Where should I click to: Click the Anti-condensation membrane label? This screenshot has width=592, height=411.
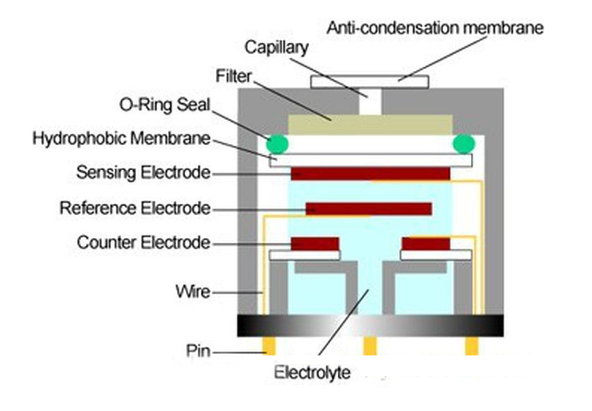[x=435, y=28]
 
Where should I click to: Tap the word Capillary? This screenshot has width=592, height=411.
[x=276, y=48]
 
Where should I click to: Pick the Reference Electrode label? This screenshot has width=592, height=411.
[x=135, y=208]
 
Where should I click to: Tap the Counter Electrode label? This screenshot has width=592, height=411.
[x=144, y=242]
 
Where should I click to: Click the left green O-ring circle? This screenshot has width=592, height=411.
[x=279, y=144]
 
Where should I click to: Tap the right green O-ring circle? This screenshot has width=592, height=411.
[x=463, y=144]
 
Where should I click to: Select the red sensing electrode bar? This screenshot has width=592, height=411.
[x=370, y=174]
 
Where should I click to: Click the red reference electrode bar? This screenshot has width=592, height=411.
[x=368, y=209]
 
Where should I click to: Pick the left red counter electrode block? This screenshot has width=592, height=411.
[x=314, y=244]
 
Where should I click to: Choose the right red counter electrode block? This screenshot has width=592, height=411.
[x=425, y=244]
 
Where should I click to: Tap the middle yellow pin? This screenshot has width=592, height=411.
[x=369, y=346]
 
